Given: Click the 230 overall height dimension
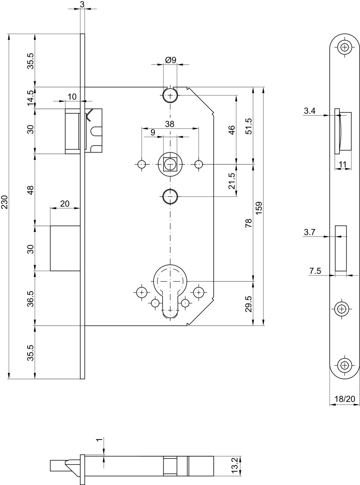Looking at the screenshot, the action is coord(5,202).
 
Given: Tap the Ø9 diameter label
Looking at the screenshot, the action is coord(171,60).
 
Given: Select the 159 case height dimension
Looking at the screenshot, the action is coord(259,208).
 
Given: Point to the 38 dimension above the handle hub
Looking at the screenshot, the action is coord(170,124).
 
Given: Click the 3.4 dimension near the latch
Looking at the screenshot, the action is coord(310,111).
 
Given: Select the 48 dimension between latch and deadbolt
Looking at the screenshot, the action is coord(31,190).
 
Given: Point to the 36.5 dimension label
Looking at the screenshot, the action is coord(31,299).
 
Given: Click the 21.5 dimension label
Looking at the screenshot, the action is coord(232,181).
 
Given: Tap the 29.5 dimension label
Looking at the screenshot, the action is coord(249,304).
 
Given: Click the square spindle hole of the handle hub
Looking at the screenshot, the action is coord(170,164).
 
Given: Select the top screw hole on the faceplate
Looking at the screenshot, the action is coord(345,47).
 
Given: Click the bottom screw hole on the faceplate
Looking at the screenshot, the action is coord(345,365).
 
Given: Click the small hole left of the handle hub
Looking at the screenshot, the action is coord(142,164).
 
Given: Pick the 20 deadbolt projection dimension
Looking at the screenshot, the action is coord(65,203).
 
